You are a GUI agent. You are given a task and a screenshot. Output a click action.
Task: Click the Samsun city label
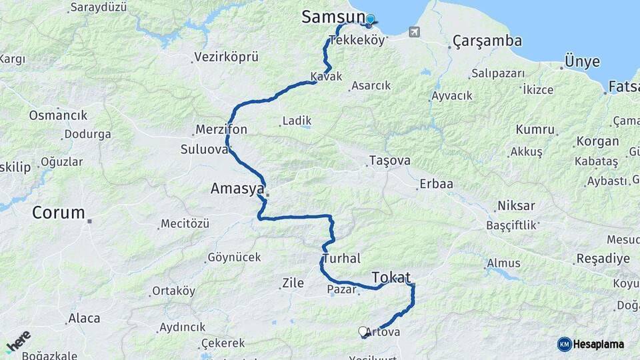pos(333,17)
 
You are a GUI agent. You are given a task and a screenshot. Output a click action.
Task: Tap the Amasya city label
pos(237,189)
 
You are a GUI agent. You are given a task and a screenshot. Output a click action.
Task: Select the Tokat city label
pos(391,277)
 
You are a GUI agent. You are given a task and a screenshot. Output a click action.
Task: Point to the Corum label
pos(59,213)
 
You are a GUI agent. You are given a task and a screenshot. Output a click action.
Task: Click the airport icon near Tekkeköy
pos(415,31)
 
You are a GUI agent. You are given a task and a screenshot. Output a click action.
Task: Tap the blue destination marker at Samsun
pos(370,20)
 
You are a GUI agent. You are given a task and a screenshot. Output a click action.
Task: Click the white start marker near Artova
pos(363,331)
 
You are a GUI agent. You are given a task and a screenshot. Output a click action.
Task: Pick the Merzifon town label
pos(221,129)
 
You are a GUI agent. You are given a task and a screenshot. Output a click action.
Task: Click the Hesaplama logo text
pos(598,344)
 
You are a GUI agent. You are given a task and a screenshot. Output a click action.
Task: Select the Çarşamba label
pos(487,41)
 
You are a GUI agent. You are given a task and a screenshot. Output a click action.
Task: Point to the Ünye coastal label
pos(582,62)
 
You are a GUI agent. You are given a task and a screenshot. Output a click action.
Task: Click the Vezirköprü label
pos(226,57)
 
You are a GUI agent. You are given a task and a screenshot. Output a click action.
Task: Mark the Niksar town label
pos(516,206)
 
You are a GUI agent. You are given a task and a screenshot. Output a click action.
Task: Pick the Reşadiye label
pos(603,259)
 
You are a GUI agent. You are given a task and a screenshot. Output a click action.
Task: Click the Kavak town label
pos(326,77)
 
